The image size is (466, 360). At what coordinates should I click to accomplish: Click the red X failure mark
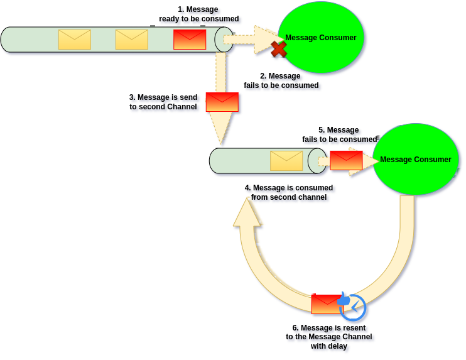278,49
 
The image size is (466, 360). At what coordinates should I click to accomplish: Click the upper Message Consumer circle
321,38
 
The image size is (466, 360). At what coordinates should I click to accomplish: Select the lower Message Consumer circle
416,160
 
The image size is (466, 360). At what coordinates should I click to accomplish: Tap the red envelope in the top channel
190,40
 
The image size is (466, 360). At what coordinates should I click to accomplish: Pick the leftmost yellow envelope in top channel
75,40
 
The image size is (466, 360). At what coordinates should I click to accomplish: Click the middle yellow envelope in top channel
132,40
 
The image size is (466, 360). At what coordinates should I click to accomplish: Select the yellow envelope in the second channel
286,161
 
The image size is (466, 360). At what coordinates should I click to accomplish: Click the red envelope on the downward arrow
222,102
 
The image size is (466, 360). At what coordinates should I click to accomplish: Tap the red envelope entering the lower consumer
346,160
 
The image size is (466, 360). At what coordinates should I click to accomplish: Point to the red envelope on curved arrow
326,304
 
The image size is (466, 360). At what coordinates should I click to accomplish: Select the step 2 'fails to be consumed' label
281,81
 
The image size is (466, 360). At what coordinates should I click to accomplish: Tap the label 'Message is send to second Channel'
165,102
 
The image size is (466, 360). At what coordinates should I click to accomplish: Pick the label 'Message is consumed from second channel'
290,192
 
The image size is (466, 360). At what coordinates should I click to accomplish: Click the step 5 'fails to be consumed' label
339,134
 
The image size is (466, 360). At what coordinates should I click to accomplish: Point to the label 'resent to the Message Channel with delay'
330,337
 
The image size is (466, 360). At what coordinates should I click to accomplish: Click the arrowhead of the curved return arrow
248,211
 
